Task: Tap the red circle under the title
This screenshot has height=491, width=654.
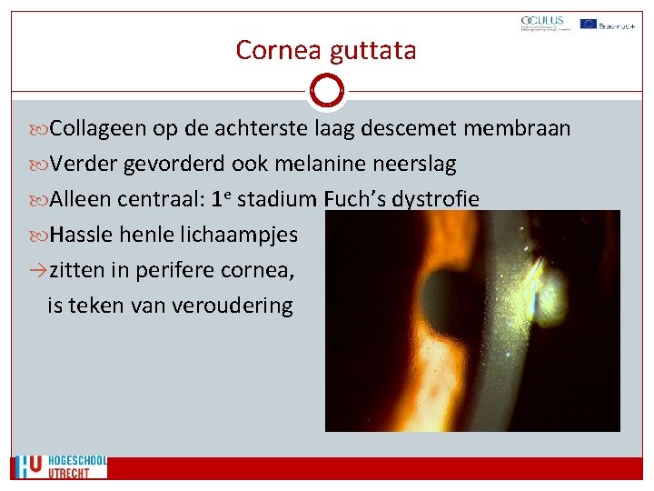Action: (x=326, y=91)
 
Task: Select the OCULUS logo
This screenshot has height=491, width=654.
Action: (x=542, y=24)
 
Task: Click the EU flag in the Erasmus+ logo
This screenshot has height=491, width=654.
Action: (x=588, y=24)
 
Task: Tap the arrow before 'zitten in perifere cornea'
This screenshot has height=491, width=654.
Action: (x=37, y=270)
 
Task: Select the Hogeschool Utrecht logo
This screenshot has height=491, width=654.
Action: (x=60, y=466)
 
